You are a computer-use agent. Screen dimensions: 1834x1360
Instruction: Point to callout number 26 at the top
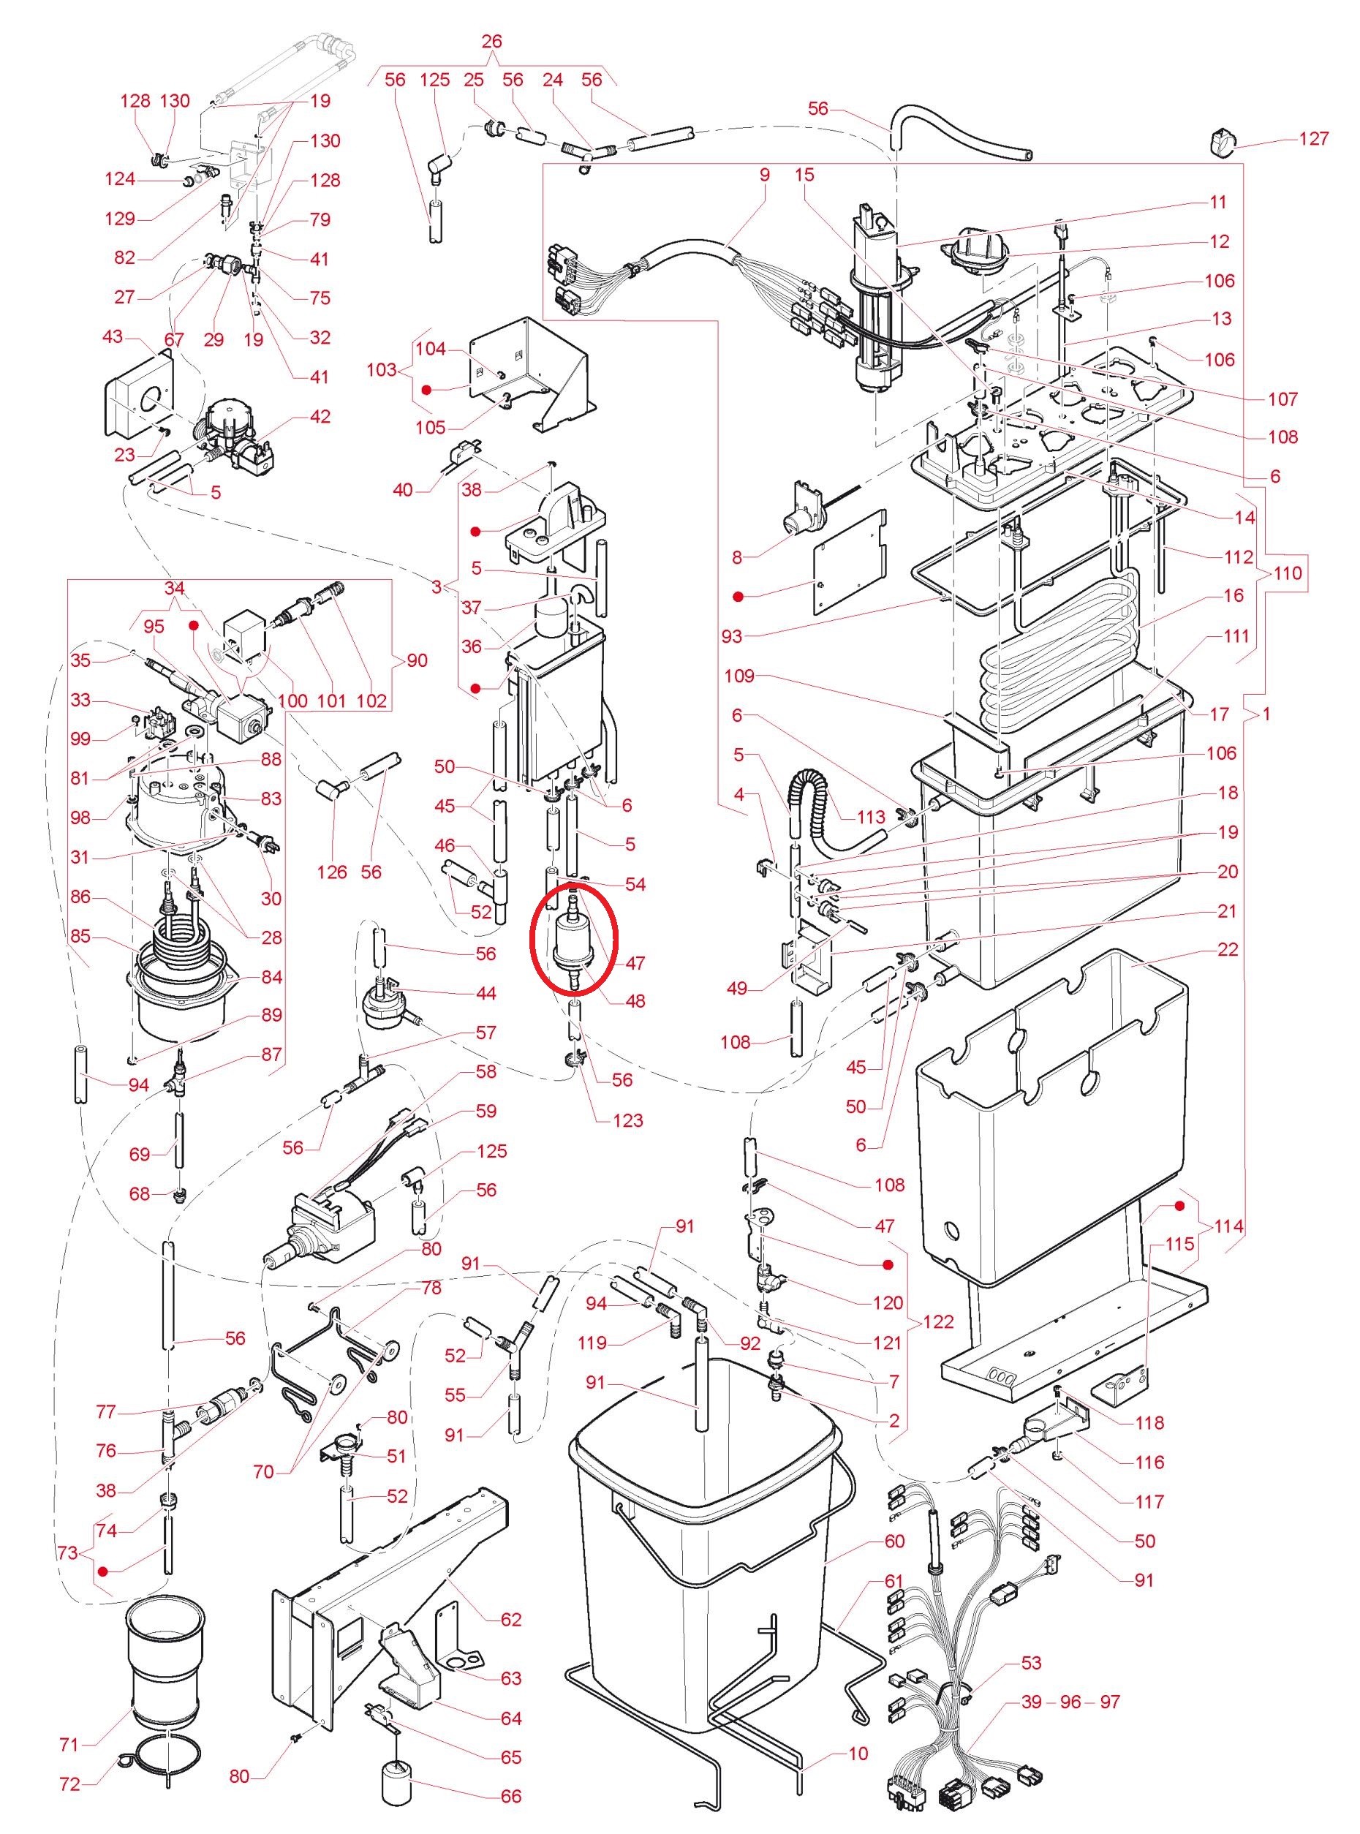[x=491, y=41]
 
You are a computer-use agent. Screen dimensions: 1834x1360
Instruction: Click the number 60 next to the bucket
[x=894, y=1541]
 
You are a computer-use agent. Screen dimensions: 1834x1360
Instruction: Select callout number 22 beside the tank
[x=1228, y=949]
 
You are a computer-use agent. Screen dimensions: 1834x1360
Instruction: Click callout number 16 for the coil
[x=1234, y=595]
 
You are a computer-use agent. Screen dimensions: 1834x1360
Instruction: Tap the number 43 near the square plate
[x=113, y=338]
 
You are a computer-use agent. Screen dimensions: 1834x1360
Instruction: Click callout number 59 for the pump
[x=486, y=1112]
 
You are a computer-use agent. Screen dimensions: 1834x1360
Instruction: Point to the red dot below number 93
[x=739, y=595]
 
